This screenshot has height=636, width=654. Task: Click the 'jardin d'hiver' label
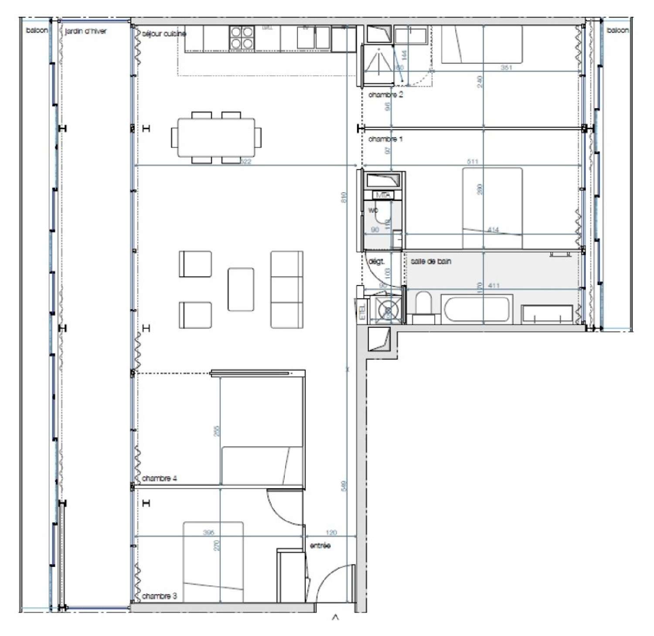click(x=85, y=31)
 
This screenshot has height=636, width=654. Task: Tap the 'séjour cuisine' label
click(x=164, y=34)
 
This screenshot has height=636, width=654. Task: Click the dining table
click(x=216, y=137)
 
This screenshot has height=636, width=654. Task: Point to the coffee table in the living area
click(x=241, y=289)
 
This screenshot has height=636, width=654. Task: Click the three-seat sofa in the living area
click(x=287, y=289)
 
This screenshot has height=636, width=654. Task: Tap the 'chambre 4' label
click(x=159, y=478)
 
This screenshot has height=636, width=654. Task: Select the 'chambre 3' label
click(x=160, y=596)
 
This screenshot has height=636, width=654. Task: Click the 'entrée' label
click(x=320, y=546)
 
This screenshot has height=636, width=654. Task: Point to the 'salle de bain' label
click(x=431, y=262)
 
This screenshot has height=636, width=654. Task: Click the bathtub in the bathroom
click(x=477, y=309)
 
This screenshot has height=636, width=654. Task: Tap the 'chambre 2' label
click(x=385, y=95)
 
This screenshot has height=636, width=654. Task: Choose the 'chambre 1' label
click(x=385, y=139)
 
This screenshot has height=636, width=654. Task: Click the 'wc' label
click(x=373, y=210)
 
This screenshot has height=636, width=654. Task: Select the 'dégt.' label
click(x=376, y=262)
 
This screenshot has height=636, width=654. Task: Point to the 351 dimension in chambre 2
click(x=506, y=68)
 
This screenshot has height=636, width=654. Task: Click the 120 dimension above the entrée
click(x=331, y=533)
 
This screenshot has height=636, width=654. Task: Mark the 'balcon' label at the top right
click(x=617, y=31)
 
